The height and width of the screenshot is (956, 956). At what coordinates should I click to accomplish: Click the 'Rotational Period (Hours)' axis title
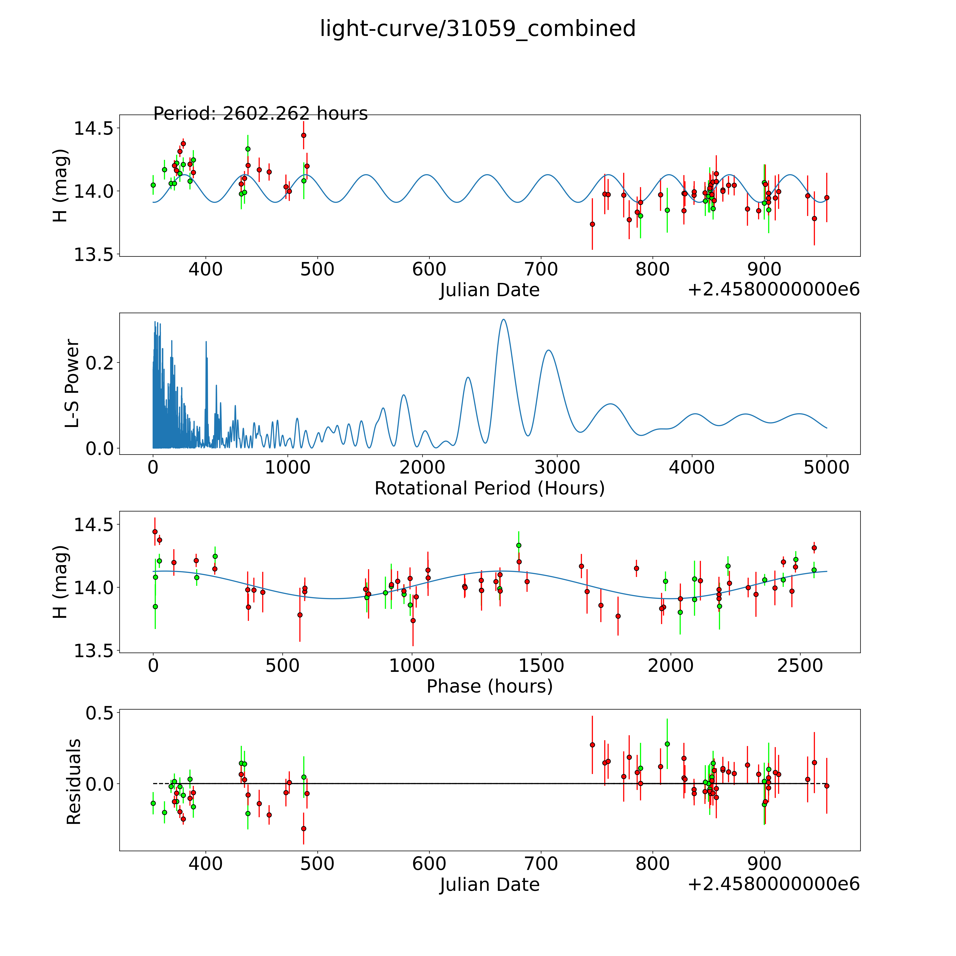489,488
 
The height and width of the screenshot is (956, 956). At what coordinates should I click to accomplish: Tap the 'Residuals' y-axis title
73,782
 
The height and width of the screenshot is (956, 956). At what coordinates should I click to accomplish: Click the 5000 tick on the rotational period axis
826,467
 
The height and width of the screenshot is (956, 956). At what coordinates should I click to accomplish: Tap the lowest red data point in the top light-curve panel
592,224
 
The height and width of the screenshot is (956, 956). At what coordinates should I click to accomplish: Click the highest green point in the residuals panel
667,744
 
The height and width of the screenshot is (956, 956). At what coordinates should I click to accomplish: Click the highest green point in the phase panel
519,545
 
